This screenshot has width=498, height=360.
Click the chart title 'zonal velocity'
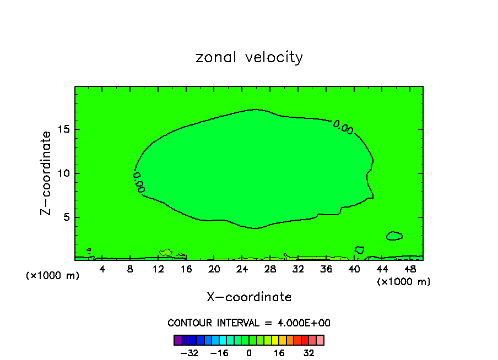coord(249,57)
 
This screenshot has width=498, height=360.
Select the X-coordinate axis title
coord(249,297)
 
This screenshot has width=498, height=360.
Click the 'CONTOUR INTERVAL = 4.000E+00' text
coord(249,323)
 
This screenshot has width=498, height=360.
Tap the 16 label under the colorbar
coord(279,352)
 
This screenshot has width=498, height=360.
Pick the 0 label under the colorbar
coord(250,352)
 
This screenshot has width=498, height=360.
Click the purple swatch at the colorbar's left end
coord(177,340)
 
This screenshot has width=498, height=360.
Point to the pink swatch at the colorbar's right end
coord(320,340)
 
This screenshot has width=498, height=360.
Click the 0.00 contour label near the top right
coord(343,127)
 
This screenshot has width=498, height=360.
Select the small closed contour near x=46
coord(394,236)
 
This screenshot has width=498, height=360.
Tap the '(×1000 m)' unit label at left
coord(53,275)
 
